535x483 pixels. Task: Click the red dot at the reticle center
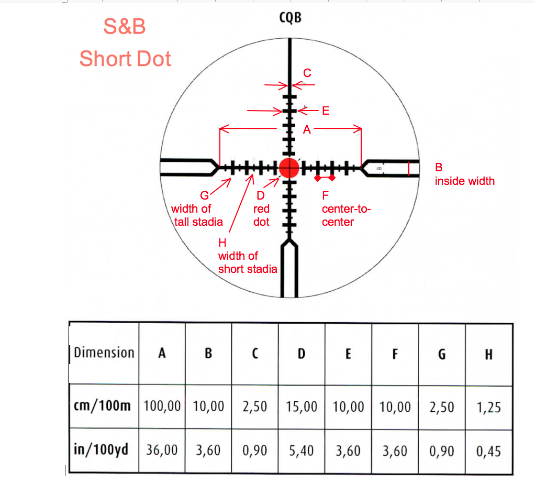288,168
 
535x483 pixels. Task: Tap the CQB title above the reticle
290,19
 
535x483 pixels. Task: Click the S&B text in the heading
125,27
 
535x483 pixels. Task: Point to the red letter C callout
307,73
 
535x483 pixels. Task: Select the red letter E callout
326,111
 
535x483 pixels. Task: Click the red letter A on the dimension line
307,129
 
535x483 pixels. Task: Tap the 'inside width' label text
464,181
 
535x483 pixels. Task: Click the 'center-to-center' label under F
346,215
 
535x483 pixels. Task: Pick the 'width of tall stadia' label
198,215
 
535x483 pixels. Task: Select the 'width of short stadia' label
247,262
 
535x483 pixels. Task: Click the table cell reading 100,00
162,406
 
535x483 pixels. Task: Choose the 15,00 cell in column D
302,406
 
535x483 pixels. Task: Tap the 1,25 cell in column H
489,406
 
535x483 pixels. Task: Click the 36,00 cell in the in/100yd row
162,450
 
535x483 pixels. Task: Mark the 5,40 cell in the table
302,450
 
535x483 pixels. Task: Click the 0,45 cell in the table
489,450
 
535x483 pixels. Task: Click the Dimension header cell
104,353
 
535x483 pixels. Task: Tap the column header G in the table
442,354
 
